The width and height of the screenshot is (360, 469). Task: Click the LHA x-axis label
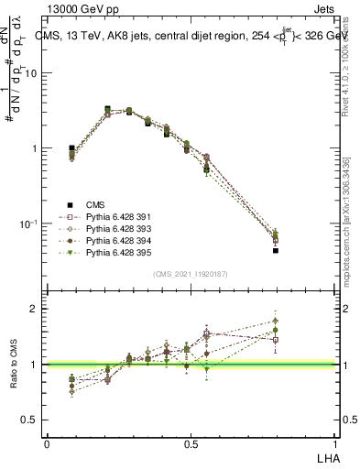pyautogui.click(x=326, y=457)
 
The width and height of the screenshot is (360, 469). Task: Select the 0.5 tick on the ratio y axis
pyautogui.click(x=31, y=420)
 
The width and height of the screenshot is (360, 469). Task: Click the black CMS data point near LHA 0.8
pyautogui.click(x=275, y=250)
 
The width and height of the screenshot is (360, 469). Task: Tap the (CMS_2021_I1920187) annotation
pyautogui.click(x=191, y=274)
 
